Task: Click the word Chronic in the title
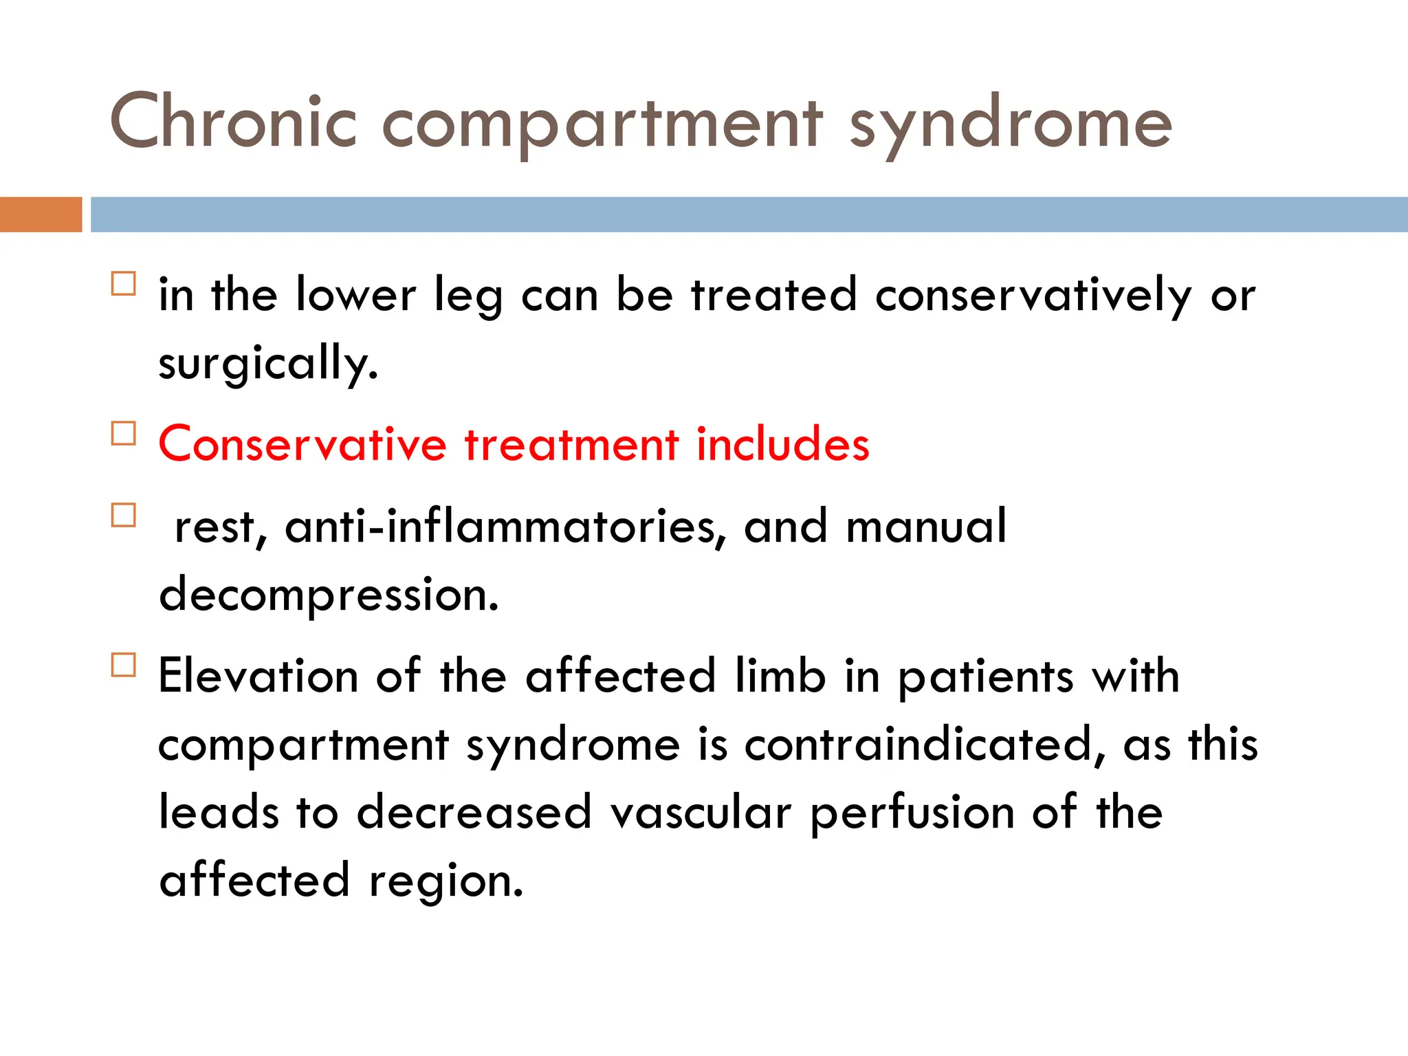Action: click(234, 122)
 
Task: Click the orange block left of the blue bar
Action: click(41, 214)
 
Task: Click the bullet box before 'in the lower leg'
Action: click(124, 284)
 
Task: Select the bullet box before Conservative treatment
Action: click(124, 434)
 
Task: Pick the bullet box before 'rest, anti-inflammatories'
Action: click(124, 516)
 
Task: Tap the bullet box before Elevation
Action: click(124, 665)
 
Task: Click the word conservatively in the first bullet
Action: click(1033, 296)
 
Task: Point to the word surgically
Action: click(268, 363)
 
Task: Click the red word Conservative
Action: click(302, 444)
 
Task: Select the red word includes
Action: click(783, 444)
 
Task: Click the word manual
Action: click(926, 527)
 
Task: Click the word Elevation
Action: click(258, 676)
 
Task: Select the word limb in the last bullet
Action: click(780, 676)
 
